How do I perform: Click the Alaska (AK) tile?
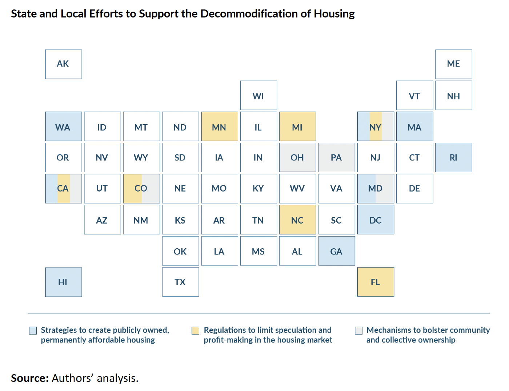pos(63,64)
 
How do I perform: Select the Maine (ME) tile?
pos(453,64)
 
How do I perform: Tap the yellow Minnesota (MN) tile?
pos(219,126)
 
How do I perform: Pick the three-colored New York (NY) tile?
pos(376,126)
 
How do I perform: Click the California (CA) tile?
pos(63,189)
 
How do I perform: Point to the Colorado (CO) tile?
pos(141,189)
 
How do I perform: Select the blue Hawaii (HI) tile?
pos(63,282)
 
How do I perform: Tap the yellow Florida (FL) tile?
pos(376,282)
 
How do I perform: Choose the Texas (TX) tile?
pos(180,282)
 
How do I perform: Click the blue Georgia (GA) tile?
pos(337,251)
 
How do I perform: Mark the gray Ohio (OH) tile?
pos(297,157)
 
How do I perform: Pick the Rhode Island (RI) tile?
pos(453,157)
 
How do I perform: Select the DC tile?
pos(376,220)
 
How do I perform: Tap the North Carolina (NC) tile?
pos(297,220)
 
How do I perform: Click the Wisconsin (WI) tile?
pos(258,95)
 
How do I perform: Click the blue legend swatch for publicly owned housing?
pos(33,331)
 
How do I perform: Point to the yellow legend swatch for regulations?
pos(196,331)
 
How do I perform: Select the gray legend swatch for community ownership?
pos(358,331)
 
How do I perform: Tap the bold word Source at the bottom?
pos(29,378)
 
